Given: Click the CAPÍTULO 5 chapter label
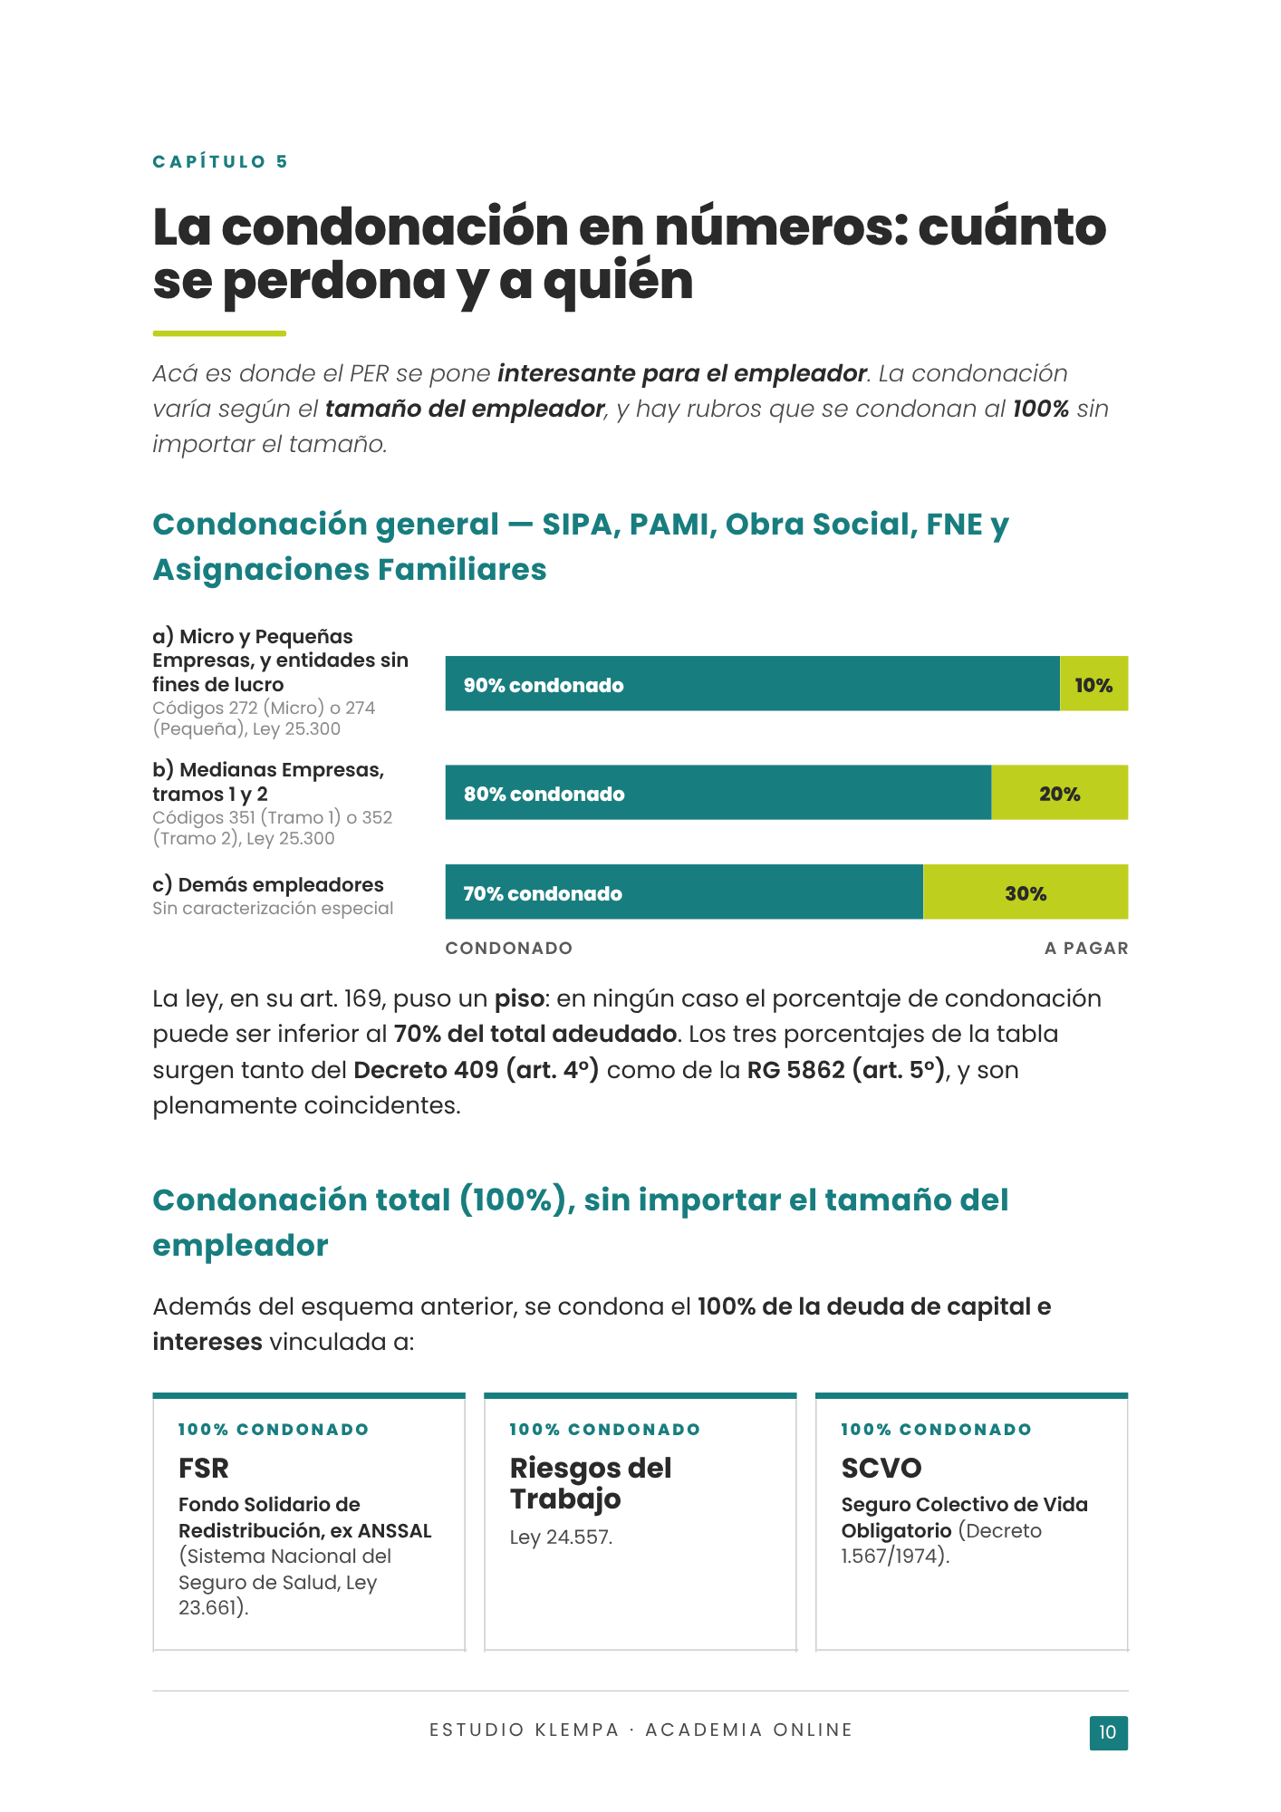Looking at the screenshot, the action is [220, 162].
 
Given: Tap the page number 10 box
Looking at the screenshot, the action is [1108, 1732].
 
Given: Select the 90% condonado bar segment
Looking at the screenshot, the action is [752, 684].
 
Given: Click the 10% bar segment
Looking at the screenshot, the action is [1093, 684].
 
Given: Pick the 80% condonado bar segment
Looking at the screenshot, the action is [718, 793].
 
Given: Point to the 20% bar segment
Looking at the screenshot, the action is [1060, 793].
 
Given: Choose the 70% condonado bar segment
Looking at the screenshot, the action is [684, 892].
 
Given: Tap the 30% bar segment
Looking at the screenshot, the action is [1026, 892].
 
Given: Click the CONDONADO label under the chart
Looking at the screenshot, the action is [508, 948].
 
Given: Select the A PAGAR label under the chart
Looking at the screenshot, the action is [1086, 948].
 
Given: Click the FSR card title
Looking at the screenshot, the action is [204, 1468].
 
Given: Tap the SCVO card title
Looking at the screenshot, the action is [881, 1468].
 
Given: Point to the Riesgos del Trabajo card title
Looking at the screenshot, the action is [591, 1483].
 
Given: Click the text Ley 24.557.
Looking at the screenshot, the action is [562, 1537].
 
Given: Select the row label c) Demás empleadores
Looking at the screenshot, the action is [268, 884].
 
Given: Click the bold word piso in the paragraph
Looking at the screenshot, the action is [518, 999].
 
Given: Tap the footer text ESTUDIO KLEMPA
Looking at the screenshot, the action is [524, 1730].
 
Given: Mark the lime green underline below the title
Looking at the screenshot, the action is [219, 333].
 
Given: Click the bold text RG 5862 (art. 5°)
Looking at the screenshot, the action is [846, 1070].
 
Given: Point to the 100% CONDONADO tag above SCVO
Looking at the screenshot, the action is [937, 1430].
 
